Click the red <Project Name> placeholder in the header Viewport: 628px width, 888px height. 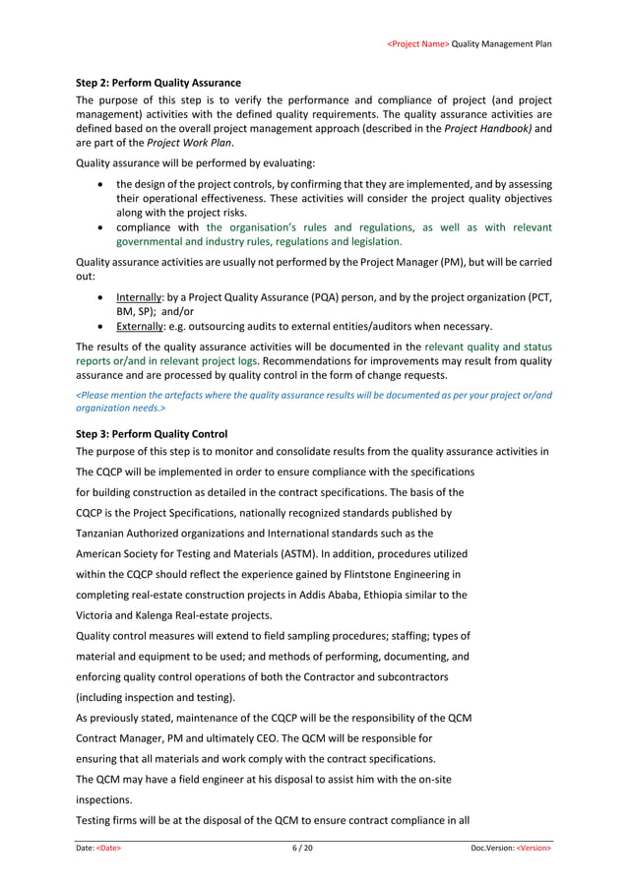(418, 44)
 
